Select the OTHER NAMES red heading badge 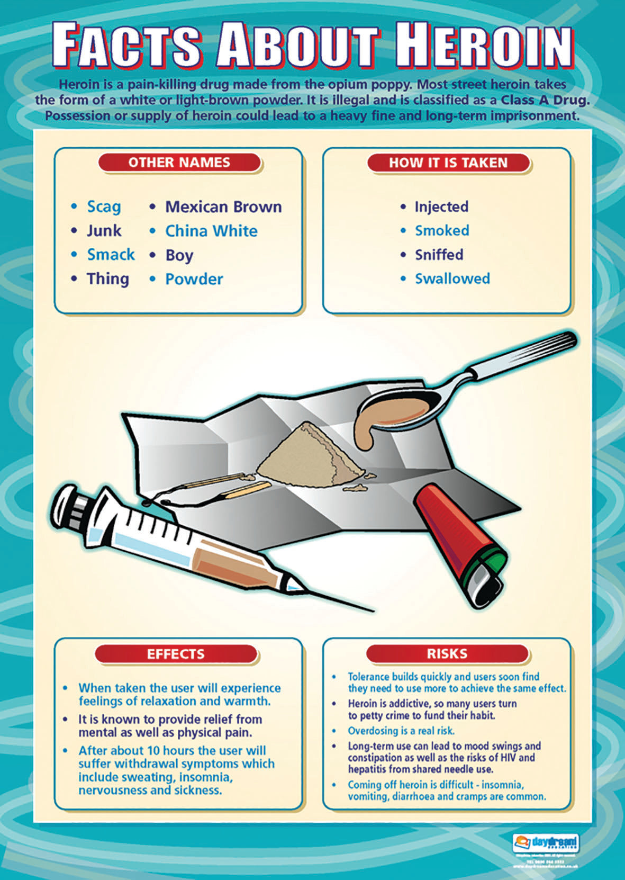pos(179,163)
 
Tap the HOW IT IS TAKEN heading pos(448,163)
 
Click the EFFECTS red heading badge pos(176,654)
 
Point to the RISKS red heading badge pos(447,654)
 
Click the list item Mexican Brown pos(223,206)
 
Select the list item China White pos(211,231)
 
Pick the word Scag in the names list pos(104,206)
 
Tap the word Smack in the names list pos(111,255)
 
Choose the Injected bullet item pos(441,206)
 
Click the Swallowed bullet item pos(452,279)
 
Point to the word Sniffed pos(439,255)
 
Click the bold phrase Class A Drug pos(545,100)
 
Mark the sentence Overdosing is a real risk pos(401,731)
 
